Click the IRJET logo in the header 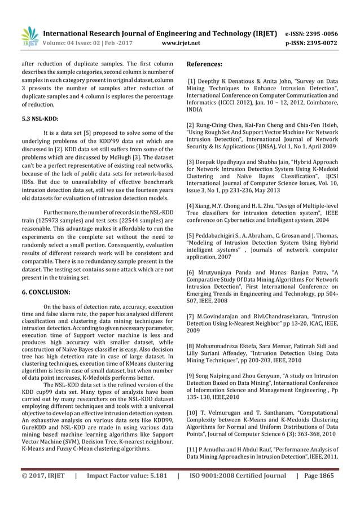click(29, 34)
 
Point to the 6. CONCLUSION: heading click(46, 292)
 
